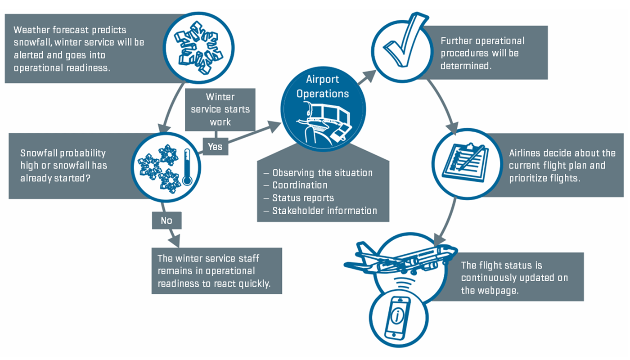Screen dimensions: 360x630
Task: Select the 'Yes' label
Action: pyautogui.click(x=215, y=146)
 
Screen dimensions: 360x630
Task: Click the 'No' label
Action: pyautogui.click(x=166, y=220)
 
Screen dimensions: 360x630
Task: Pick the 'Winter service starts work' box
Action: pyautogui.click(x=220, y=109)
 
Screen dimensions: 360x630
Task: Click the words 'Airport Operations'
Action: pyautogui.click(x=322, y=87)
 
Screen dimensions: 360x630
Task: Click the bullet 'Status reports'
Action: pyautogui.click(x=303, y=198)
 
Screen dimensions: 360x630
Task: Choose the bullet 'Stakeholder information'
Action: pyautogui.click(x=324, y=211)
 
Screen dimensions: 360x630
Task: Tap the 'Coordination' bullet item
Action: pyautogui.click(x=300, y=185)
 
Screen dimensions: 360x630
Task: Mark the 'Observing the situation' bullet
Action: pyautogui.click(x=322, y=173)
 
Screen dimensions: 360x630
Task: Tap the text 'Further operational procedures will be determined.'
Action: pyautogui.click(x=482, y=53)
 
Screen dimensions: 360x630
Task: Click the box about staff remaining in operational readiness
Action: pyautogui.click(x=216, y=271)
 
